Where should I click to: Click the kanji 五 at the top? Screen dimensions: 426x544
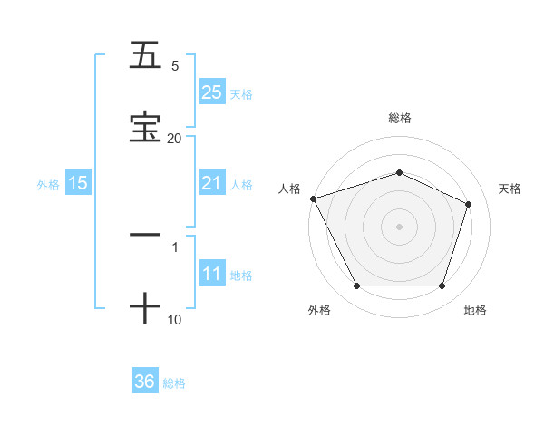coord(145,55)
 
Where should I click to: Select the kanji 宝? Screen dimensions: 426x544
coord(145,126)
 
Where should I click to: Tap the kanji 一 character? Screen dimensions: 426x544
coord(145,235)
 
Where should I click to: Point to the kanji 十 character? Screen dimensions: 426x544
coord(145,308)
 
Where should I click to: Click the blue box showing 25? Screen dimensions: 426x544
coord(212,92)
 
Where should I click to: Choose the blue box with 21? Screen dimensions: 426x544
coord(212,183)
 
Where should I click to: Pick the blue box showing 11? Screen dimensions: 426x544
coord(212,274)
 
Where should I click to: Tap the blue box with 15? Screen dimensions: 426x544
coord(78,183)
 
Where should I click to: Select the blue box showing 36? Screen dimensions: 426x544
coord(145,382)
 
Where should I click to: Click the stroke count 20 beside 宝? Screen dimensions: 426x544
coord(174,138)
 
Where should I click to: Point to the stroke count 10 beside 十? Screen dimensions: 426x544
coord(174,319)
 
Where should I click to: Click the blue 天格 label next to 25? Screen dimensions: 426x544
coord(241,93)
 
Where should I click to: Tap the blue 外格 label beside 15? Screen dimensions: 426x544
coord(48,184)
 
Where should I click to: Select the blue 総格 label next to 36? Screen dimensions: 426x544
coord(174,383)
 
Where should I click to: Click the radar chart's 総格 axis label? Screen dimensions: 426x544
coord(399,118)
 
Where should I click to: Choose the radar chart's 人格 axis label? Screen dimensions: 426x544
coord(290,188)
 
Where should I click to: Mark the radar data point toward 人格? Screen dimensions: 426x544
coord(313,198)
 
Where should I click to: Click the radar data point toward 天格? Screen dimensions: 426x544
coord(469,204)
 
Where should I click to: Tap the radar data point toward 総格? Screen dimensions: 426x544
coord(399,172)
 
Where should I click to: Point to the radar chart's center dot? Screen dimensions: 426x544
coord(399,226)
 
